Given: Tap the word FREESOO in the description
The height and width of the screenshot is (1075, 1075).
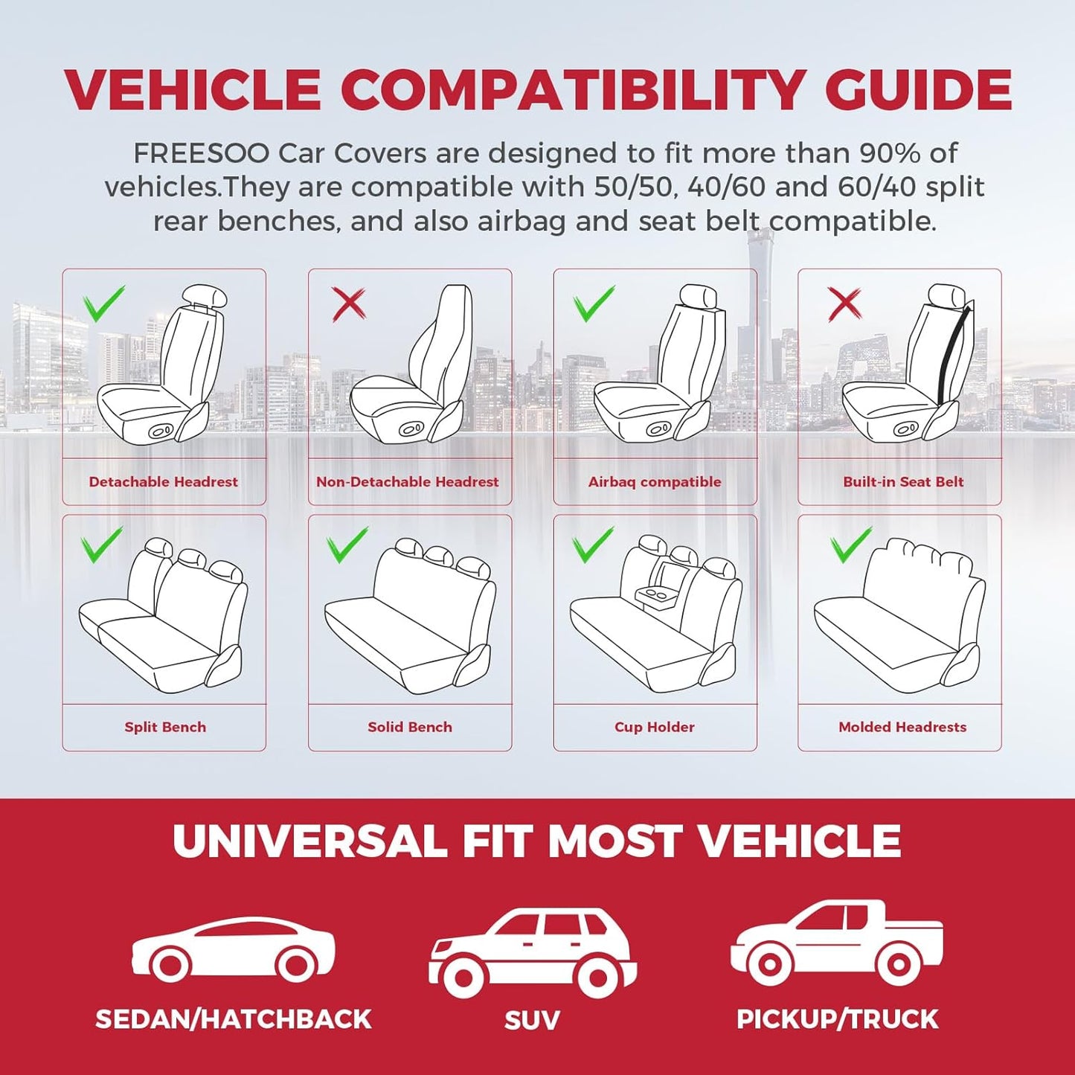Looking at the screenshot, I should tap(201, 153).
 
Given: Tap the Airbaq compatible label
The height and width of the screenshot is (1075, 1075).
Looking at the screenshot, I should tap(655, 482).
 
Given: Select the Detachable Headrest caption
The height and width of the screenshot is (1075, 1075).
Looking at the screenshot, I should tap(164, 482).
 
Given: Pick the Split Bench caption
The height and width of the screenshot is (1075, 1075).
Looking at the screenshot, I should tap(165, 727).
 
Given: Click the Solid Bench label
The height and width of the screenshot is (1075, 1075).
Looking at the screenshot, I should tap(410, 727).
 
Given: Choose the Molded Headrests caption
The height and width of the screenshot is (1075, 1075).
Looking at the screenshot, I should tap(902, 727).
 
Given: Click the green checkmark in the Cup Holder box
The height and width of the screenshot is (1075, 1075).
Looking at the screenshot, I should tap(593, 544).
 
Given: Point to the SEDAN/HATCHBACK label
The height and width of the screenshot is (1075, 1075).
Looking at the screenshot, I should tap(234, 1019).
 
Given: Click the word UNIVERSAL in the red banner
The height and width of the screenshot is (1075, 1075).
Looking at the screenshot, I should tap(309, 841).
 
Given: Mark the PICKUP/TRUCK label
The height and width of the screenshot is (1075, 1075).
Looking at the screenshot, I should tap(838, 1019).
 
